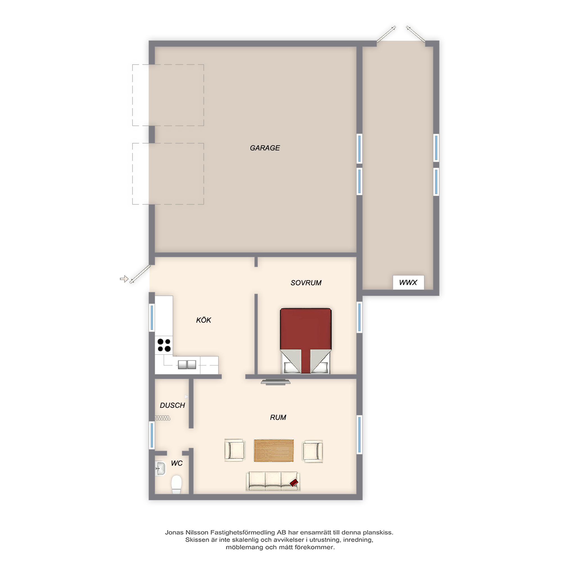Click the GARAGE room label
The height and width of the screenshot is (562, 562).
[265, 148]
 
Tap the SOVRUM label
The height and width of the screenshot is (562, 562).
[306, 283]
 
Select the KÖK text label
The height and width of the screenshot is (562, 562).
[204, 320]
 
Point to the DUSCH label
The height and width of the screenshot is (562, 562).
[172, 405]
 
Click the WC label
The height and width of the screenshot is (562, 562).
[176, 463]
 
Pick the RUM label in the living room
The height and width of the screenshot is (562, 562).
[278, 418]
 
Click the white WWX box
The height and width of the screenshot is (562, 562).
[408, 282]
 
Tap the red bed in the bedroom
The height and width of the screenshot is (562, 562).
[306, 341]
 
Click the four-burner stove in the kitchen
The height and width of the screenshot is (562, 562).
[164, 345]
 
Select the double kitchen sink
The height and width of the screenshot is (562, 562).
[187, 364]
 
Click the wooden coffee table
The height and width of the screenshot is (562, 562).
[274, 451]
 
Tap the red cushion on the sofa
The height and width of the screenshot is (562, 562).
[294, 483]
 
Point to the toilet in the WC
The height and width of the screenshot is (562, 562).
[176, 485]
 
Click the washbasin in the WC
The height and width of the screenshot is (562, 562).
[160, 469]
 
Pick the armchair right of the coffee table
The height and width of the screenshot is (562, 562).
[313, 451]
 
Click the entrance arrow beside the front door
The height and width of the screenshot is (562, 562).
[124, 279]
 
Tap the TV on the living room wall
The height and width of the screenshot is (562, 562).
[275, 382]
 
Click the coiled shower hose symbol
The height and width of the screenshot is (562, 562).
[163, 418]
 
